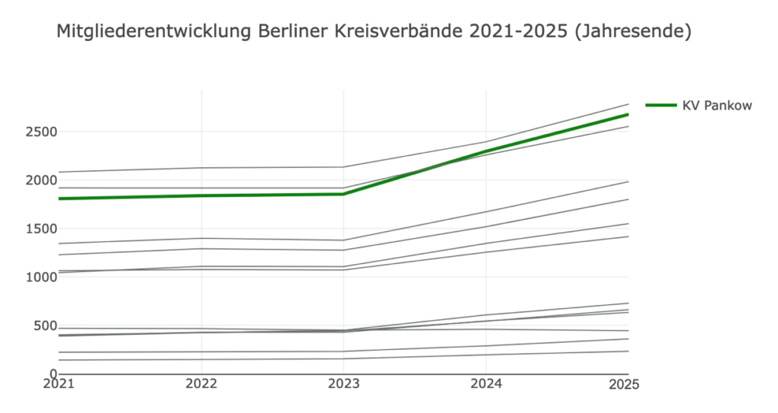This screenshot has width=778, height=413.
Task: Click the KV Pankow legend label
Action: coord(717,106)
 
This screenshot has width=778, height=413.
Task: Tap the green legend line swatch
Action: coord(660,106)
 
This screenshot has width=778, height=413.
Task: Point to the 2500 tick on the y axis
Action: coord(41,132)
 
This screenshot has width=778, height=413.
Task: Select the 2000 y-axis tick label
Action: coord(41,181)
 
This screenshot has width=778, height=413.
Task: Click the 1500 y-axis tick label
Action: coord(41,229)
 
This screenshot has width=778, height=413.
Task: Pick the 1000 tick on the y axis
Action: coord(41,278)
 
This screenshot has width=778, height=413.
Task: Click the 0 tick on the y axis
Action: coord(53,374)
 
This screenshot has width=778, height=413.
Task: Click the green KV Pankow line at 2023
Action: coord(343,194)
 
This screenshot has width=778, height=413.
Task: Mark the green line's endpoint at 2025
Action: coord(628,115)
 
